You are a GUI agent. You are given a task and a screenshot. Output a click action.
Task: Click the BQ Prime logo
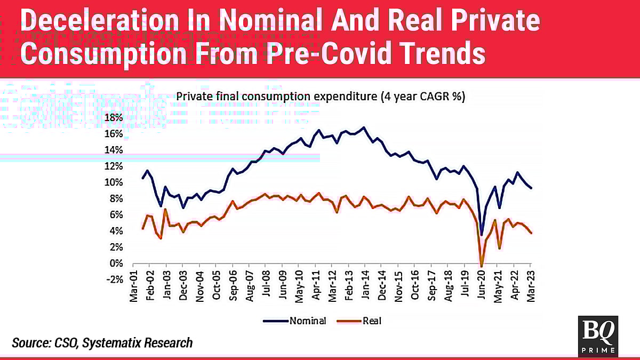[x=598, y=335]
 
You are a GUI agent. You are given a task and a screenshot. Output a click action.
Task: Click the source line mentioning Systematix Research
[x=102, y=342]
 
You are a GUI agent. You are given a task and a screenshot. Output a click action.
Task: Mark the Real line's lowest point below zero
[x=482, y=266]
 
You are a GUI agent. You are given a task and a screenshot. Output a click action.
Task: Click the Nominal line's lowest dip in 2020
[x=482, y=235]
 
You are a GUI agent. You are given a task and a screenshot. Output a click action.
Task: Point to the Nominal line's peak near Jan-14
[x=364, y=127]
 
